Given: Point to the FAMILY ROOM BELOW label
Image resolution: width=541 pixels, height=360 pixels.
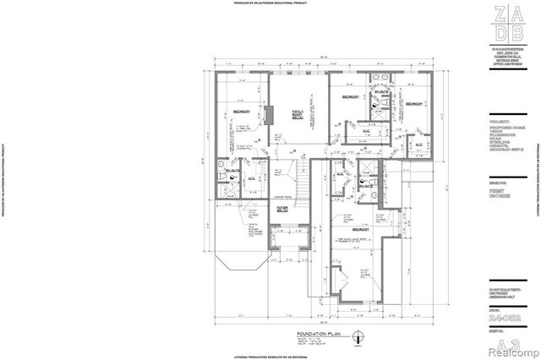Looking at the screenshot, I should [298, 113].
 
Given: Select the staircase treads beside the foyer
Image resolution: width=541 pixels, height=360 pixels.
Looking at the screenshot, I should [302, 181].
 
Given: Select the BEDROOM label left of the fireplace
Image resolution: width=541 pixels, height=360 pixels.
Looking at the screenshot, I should [241, 111].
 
